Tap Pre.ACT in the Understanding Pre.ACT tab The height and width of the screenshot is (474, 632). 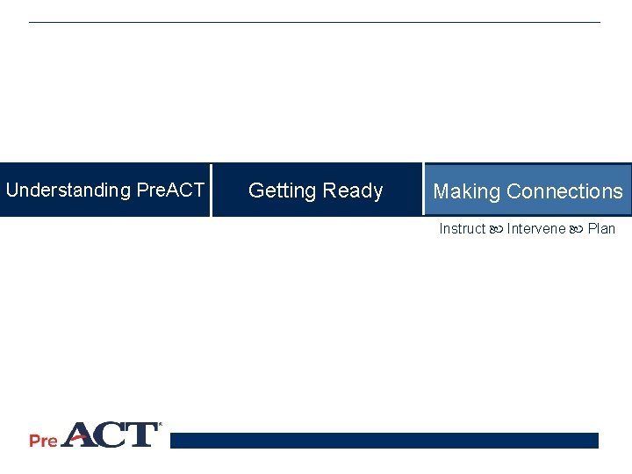(170, 190)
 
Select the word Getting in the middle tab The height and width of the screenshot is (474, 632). (283, 190)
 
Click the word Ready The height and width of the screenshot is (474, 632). (353, 190)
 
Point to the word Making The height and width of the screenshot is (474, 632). (466, 191)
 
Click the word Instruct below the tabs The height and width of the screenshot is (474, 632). (462, 229)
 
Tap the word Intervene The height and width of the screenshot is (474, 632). (536, 229)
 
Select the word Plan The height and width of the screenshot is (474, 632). (601, 229)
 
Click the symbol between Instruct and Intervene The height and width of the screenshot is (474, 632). (496, 230)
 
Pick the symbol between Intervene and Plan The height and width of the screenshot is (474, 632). (577, 230)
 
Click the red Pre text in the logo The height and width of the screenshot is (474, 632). (43, 440)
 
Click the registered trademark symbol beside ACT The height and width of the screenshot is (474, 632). (160, 427)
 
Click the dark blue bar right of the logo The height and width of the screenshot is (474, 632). (384, 441)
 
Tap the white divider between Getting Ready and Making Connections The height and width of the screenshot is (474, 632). (422, 189)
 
